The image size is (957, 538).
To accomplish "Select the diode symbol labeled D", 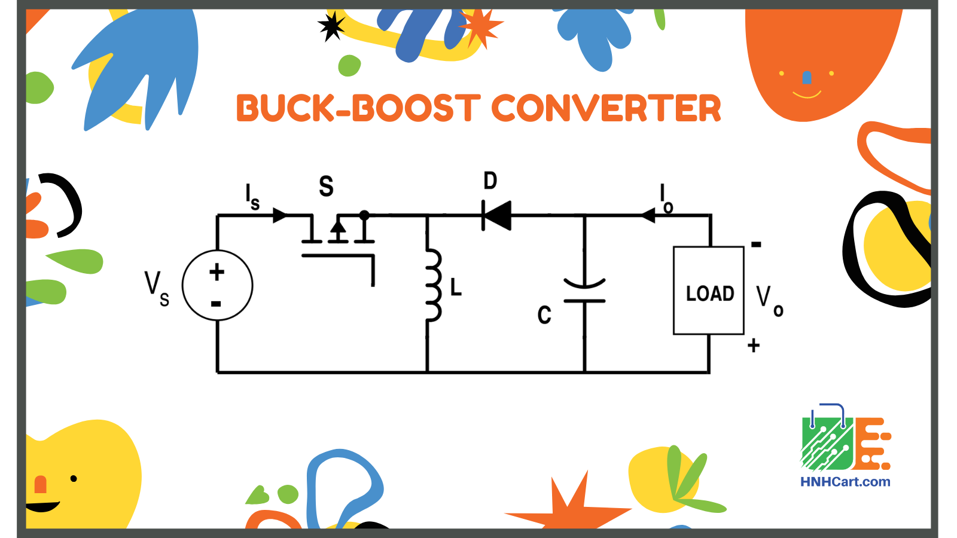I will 496,215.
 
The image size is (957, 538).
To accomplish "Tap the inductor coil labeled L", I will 433,285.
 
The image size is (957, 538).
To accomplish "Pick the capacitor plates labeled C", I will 584,291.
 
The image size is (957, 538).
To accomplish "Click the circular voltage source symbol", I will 217,286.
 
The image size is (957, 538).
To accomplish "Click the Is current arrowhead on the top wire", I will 280,215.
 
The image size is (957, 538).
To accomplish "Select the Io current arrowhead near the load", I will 648,215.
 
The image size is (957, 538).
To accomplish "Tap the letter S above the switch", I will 326,187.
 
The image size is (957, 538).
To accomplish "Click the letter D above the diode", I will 490,181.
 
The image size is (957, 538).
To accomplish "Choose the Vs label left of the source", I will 156,288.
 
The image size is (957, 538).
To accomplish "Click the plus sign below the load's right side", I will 754,346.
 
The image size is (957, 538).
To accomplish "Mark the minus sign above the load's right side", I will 756,244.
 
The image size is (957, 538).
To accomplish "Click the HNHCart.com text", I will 845,482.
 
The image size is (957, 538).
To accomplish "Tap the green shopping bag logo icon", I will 827,442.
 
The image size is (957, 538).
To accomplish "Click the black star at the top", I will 331,26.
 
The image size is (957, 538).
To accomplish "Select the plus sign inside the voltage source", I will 217,273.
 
